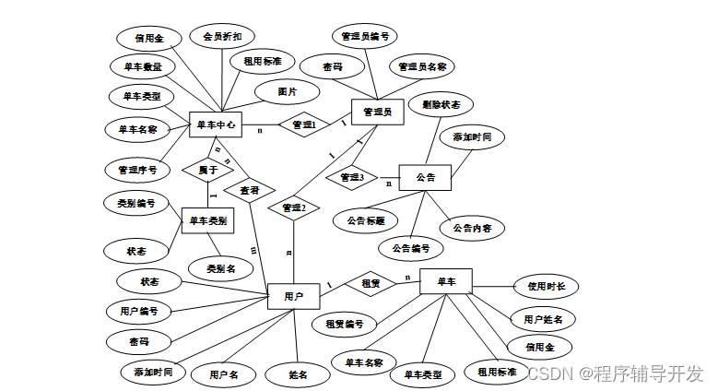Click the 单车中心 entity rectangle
click(x=215, y=124)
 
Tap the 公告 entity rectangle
click(x=425, y=177)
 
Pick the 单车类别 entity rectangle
click(x=207, y=220)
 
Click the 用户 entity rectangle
click(x=293, y=296)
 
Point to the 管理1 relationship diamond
click(x=304, y=124)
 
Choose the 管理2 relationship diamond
click(x=293, y=208)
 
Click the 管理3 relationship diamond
click(x=351, y=177)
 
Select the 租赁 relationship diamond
click(x=370, y=282)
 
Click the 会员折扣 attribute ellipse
click(x=222, y=37)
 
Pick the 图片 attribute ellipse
click(x=287, y=91)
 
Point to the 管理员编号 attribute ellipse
click(x=364, y=37)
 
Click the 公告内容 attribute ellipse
click(x=471, y=227)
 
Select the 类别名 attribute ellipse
click(x=219, y=267)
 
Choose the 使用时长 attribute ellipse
click(x=546, y=286)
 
